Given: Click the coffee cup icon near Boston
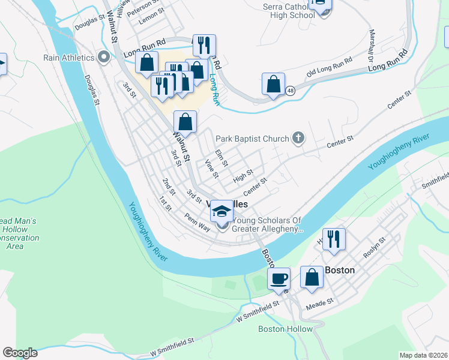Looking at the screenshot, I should [279, 279].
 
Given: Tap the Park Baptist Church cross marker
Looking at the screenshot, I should [298, 139].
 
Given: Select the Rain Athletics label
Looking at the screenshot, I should [69, 58].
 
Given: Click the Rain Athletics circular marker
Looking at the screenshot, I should [104, 58].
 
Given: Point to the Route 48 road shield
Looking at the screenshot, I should [291, 91].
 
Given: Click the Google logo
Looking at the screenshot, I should [20, 353].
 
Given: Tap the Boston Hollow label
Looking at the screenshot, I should [285, 329].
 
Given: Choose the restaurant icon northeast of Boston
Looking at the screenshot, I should [334, 239].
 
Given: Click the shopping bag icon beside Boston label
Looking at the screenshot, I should [312, 278].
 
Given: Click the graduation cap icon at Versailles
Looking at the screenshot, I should [222, 211].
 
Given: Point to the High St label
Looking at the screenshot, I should [243, 176].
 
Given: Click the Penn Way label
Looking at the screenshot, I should [197, 220].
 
